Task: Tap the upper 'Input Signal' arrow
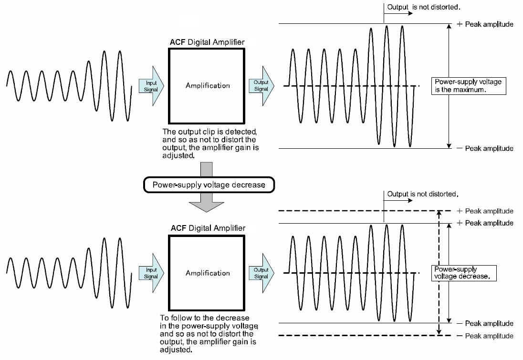point(151,86)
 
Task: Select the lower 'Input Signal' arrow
point(151,273)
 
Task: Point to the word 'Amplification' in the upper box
point(208,86)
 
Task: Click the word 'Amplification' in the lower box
point(208,273)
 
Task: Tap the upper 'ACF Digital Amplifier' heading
point(207,42)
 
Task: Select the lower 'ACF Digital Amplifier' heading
point(207,228)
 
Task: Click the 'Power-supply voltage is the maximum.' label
point(467,86)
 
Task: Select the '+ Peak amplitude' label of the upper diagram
point(485,24)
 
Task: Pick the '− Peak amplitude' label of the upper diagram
point(485,148)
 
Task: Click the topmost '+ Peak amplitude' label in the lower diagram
point(485,211)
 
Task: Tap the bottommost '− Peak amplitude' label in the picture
point(485,336)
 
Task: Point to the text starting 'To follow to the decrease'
point(210,333)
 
